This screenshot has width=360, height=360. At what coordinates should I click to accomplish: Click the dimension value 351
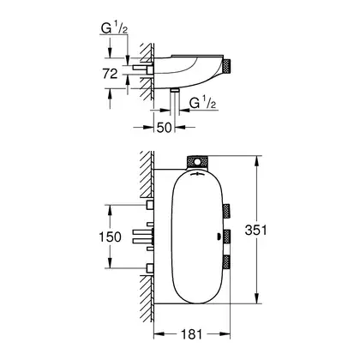pos(255,230)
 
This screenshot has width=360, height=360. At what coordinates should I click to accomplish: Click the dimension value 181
pos(191,334)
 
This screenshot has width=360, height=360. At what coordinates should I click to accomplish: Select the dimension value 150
pos(110,237)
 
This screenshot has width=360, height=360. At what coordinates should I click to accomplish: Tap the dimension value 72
pos(110,74)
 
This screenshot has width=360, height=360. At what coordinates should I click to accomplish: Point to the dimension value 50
pos(165,128)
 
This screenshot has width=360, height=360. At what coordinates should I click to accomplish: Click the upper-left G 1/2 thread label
pos(114,28)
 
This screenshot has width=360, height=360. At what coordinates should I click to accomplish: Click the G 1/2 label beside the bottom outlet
pos(202,103)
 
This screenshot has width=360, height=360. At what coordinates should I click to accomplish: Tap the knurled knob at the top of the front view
pos(197,162)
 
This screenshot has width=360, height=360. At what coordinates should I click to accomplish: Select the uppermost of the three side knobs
pos(227,211)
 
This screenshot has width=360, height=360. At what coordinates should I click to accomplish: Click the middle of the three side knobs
pos(227,237)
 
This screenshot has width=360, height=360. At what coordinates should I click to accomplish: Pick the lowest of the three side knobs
pos(227,262)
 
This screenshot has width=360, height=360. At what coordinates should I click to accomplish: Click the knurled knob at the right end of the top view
pos(227,65)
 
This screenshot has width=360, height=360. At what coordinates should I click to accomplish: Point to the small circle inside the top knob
pos(197,163)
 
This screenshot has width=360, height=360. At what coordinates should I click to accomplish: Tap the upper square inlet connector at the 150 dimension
pos(150,205)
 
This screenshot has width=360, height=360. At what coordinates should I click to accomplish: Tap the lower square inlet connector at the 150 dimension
pos(150,268)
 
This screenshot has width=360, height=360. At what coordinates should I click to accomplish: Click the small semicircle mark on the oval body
pos(219,237)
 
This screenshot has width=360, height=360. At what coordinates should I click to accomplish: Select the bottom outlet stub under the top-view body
pos(175,90)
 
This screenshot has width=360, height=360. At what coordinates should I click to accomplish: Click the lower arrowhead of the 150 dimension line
pos(110,263)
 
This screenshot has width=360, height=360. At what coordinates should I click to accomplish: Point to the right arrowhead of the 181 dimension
pos(225,333)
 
